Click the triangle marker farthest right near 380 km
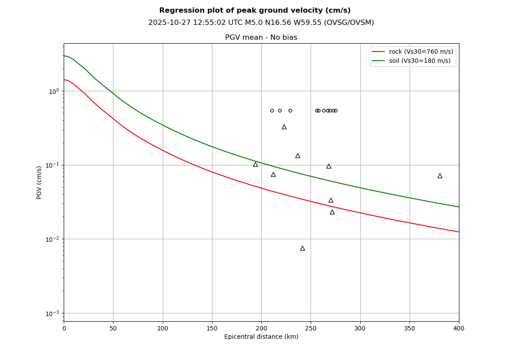tap(440, 176)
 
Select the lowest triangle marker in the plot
tap(302, 248)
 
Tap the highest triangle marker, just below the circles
tap(284, 127)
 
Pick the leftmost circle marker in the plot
tap(272, 110)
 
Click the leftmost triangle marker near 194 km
tap(255, 165)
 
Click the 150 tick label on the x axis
tap(212, 328)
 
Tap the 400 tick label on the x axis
tap(459, 328)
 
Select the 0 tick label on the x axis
tap(64, 328)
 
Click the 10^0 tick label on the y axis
tap(54, 91)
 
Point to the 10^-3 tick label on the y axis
tap(52, 313)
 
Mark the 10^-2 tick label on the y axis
tap(52, 239)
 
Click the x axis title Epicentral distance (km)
tap(261, 337)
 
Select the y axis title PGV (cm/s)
tap(39, 182)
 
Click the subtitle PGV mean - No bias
tap(261, 38)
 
